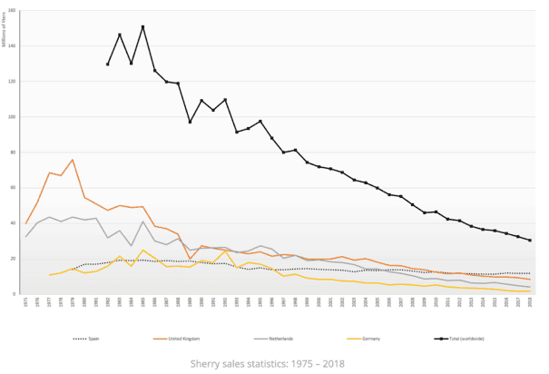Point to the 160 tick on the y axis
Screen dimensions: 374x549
[16, 11]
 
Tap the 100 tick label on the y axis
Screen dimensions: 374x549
[16, 117]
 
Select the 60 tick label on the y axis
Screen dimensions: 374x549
[17, 188]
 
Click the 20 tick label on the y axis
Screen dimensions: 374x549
[17, 259]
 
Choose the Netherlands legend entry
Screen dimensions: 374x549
[279, 338]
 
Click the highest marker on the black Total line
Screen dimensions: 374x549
[143, 27]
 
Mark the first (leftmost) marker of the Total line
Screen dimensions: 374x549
[108, 64]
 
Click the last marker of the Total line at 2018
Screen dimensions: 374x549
[530, 241]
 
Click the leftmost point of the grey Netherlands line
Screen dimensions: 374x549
[26, 237]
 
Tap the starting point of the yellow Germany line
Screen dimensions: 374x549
[50, 275]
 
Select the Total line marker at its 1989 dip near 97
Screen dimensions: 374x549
[190, 122]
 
